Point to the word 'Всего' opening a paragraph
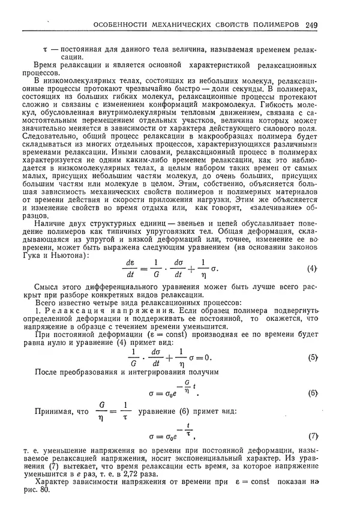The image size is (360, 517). tap(48, 303)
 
